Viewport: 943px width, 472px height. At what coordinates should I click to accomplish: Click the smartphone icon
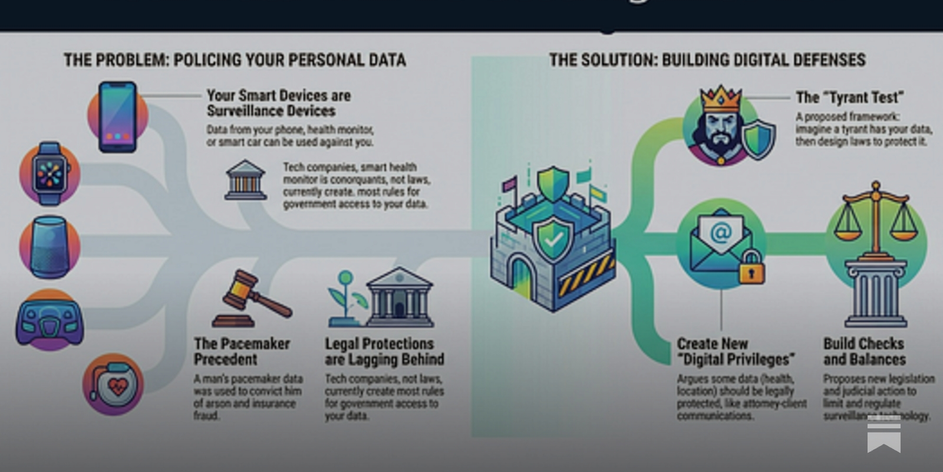coord(118,117)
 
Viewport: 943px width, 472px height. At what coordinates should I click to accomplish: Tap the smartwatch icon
coord(50,174)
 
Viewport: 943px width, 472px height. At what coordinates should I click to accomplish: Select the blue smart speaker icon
coord(50,247)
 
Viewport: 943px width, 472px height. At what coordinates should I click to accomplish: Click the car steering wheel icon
coord(50,322)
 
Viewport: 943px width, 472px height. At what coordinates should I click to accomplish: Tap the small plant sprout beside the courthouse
coord(347,295)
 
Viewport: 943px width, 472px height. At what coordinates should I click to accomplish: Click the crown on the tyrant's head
coord(720,99)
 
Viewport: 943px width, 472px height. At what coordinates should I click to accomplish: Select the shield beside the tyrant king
coord(759,140)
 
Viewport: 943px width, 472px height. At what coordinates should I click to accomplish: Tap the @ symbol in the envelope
coord(721,233)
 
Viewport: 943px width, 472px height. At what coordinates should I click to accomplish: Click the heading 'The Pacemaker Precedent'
coord(242,351)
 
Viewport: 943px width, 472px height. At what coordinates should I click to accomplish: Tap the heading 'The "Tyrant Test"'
coord(849,97)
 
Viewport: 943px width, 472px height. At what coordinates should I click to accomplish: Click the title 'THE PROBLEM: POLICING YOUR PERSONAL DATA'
coord(235,60)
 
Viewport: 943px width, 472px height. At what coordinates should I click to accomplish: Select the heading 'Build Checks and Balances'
coord(864,351)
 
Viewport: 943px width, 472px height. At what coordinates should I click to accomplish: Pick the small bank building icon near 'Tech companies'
coord(246,180)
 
